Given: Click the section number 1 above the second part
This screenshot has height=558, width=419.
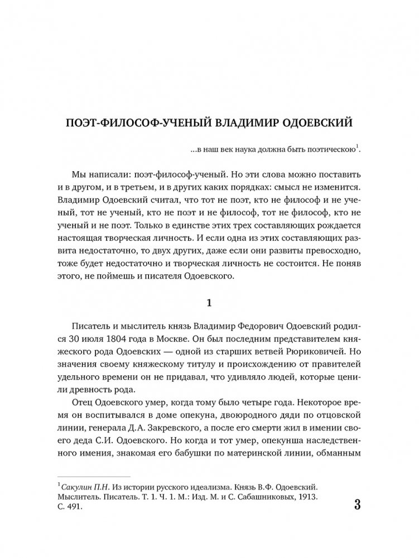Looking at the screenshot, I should point(209,303).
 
